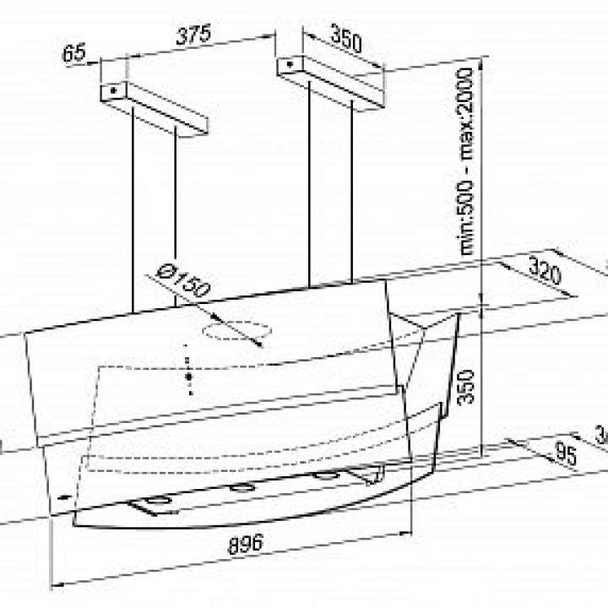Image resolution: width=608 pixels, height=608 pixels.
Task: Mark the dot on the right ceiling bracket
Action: click(x=289, y=63)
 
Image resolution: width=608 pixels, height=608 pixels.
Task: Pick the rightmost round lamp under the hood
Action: click(x=322, y=475)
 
